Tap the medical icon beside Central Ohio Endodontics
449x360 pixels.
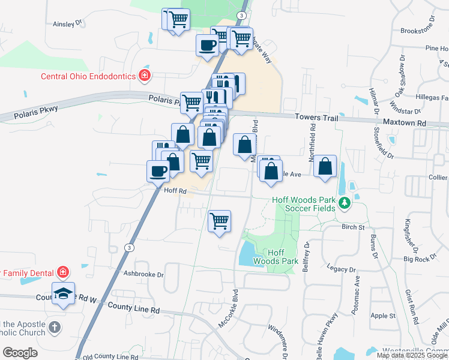pyautogui.click(x=144, y=75)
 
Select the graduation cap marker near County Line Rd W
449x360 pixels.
pyautogui.click(x=63, y=293)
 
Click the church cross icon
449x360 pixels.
pyautogui.click(x=54, y=328)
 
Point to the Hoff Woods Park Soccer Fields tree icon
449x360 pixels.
pyautogui.click(x=345, y=203)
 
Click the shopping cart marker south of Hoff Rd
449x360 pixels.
pyautogui.click(x=220, y=220)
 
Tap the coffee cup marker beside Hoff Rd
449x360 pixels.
pyautogui.click(x=158, y=170)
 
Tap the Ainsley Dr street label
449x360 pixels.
pyautogui.click(x=67, y=24)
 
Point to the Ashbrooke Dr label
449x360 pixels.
pyautogui.click(x=143, y=274)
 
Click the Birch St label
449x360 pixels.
pyautogui.click(x=352, y=227)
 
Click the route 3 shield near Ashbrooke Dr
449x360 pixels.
pyautogui.click(x=129, y=247)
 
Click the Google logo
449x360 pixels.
pyautogui.click(x=20, y=353)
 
